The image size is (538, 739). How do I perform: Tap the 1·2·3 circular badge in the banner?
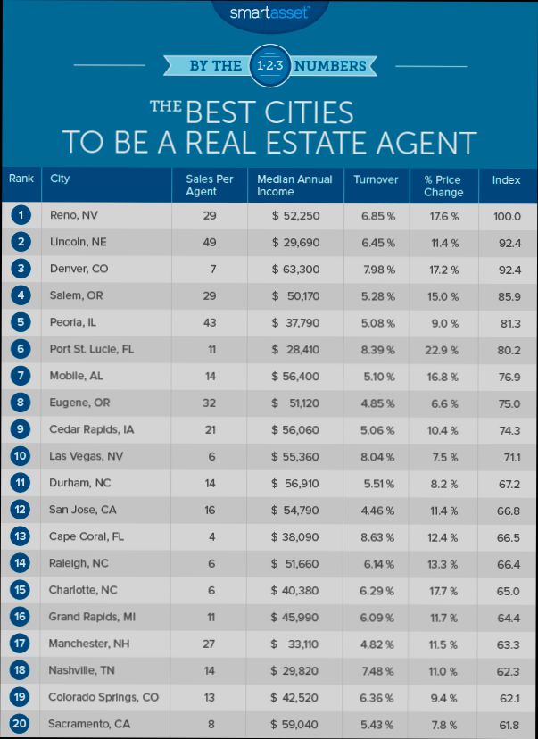tap(269, 65)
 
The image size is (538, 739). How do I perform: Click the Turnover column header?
tap(375, 179)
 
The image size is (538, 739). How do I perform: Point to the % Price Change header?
tap(443, 186)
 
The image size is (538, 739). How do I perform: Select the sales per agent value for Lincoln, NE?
tap(210, 241)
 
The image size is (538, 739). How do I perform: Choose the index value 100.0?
tap(507, 216)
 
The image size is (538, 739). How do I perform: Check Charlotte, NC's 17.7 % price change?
tap(443, 589)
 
